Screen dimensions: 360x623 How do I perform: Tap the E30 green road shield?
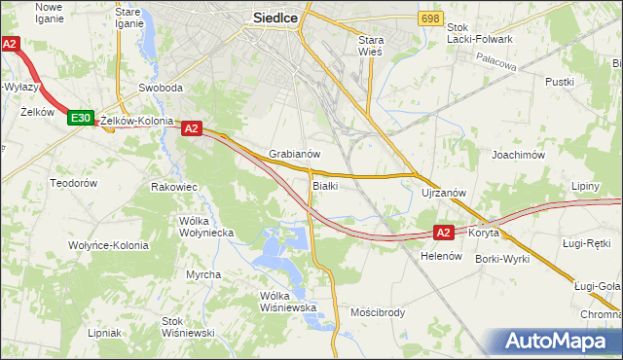point(81,118)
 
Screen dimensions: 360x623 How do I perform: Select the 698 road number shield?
point(432,18)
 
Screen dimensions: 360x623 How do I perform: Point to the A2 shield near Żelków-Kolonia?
point(191,127)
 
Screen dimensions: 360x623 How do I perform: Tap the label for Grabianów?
point(295,154)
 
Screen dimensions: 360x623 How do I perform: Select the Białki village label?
point(324,185)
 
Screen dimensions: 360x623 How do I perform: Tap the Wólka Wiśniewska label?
point(289,302)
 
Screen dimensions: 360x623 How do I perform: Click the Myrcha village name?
point(203,274)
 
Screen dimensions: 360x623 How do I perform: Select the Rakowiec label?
point(175,186)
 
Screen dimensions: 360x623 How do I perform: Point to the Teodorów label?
point(74,183)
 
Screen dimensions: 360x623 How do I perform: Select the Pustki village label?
point(561,83)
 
